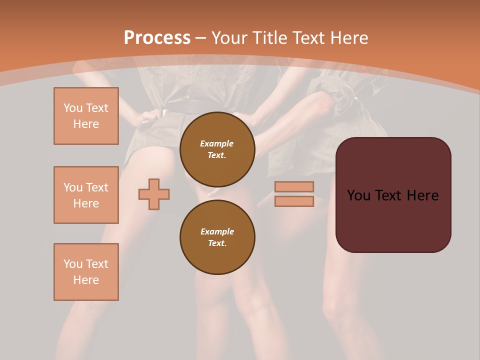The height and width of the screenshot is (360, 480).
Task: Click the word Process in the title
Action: tap(157, 37)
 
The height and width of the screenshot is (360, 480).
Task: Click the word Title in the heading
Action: tap(268, 37)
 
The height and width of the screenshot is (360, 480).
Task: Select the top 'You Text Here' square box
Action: tap(86, 116)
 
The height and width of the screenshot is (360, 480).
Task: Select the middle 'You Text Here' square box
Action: tap(86, 195)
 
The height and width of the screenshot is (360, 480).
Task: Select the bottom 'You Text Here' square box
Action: tap(86, 272)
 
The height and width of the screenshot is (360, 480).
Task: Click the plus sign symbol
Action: tap(154, 194)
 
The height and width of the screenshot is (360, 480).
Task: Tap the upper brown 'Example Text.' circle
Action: tap(217, 149)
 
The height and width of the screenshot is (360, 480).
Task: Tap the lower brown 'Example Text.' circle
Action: tap(217, 237)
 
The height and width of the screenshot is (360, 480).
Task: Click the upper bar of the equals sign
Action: tap(294, 186)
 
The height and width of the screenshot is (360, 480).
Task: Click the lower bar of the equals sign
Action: tap(294, 201)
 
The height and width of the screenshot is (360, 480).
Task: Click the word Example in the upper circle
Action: tap(217, 143)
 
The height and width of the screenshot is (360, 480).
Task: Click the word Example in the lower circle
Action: tap(217, 231)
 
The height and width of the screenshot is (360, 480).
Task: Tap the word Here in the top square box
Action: tap(86, 124)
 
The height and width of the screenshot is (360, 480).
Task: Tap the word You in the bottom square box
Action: tap(72, 264)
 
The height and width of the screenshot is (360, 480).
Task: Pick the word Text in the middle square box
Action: tap(96, 187)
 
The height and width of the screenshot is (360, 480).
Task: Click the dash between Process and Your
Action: tap(200, 38)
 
